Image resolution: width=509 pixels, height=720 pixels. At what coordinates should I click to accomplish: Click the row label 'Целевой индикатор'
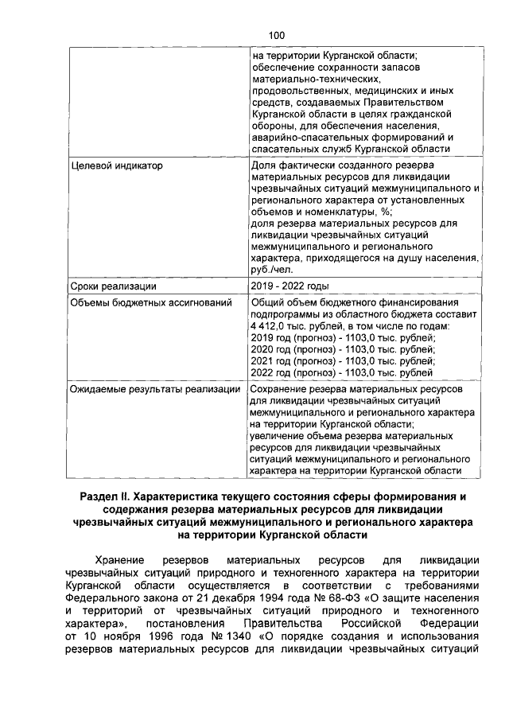pos(116,166)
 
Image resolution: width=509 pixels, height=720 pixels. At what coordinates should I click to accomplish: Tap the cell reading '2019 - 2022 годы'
pos(290,286)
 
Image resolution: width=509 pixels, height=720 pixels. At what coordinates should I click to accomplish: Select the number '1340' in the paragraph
pos(219,638)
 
